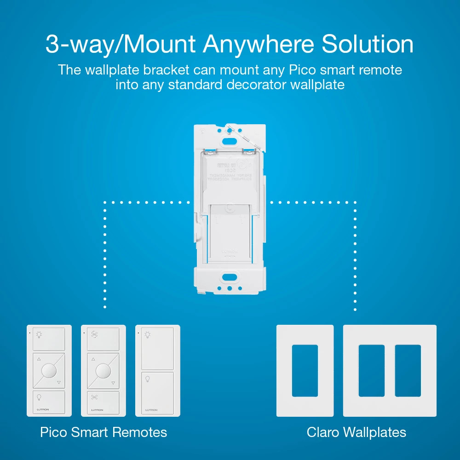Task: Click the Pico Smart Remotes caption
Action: tap(103, 432)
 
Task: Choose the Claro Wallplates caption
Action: tap(356, 432)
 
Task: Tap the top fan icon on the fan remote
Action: tap(94, 335)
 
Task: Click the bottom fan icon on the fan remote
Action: tap(94, 397)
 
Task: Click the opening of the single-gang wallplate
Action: tap(305, 371)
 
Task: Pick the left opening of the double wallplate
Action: tap(371, 371)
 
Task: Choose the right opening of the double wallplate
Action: tap(408, 371)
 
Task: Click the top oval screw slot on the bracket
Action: tap(229, 130)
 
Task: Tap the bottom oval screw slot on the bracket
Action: tap(229, 277)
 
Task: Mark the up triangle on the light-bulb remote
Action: tap(39, 359)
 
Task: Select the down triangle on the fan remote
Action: tap(113, 383)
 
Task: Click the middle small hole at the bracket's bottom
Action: tap(229, 289)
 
